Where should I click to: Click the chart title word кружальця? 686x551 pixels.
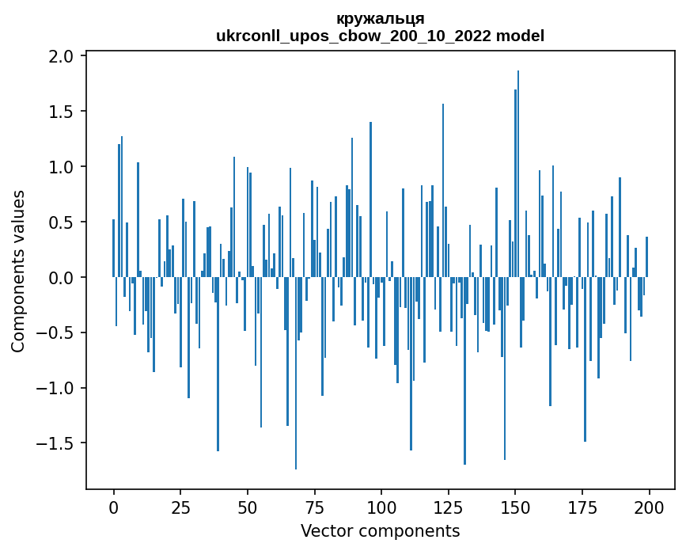click(380, 18)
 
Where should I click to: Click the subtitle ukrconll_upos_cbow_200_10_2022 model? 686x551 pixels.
click(380, 36)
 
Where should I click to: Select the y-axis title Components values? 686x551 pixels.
click(18, 271)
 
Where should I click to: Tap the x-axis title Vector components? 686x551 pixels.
click(380, 530)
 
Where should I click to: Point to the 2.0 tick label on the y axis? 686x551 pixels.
click(61, 56)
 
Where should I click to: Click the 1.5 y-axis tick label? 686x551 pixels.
click(61, 112)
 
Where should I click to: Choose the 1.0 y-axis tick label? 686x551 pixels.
click(61, 167)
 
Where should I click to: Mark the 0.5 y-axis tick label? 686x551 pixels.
click(61, 222)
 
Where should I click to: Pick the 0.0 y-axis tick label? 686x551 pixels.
click(61, 278)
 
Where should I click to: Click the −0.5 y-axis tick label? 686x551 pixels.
click(56, 333)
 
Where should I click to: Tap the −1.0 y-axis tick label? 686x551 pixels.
click(56, 388)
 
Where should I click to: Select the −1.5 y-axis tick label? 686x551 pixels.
click(56, 443)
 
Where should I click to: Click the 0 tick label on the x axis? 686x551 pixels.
click(113, 507)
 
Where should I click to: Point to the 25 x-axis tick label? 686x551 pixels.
click(180, 507)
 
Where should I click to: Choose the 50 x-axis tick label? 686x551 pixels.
click(248, 507)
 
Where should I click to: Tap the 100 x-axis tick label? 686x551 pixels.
click(381, 507)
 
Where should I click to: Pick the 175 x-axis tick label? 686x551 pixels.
click(582, 507)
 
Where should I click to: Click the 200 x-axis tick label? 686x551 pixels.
click(650, 507)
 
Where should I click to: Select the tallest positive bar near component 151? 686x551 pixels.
click(518, 174)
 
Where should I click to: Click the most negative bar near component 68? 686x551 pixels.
click(296, 372)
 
